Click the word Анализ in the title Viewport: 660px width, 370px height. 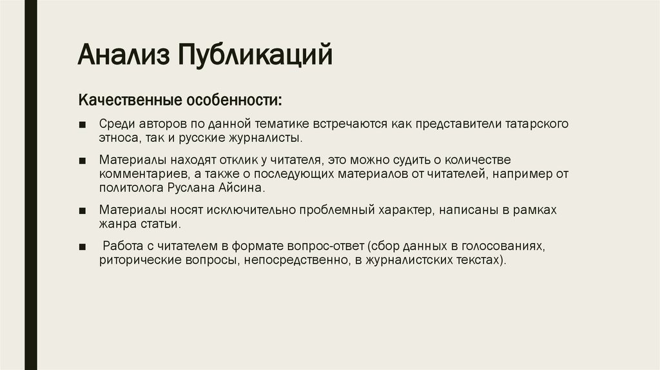click(x=124, y=54)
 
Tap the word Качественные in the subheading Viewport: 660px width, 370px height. click(x=130, y=100)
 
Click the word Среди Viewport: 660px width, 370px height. click(x=117, y=124)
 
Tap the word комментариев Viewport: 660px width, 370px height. click(x=144, y=174)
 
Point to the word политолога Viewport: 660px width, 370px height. click(x=131, y=188)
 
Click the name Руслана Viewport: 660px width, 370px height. click(x=191, y=188)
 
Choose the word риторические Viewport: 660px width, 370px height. click(x=140, y=260)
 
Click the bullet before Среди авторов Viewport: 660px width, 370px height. click(x=82, y=124)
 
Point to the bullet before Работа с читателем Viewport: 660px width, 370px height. click(x=82, y=247)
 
